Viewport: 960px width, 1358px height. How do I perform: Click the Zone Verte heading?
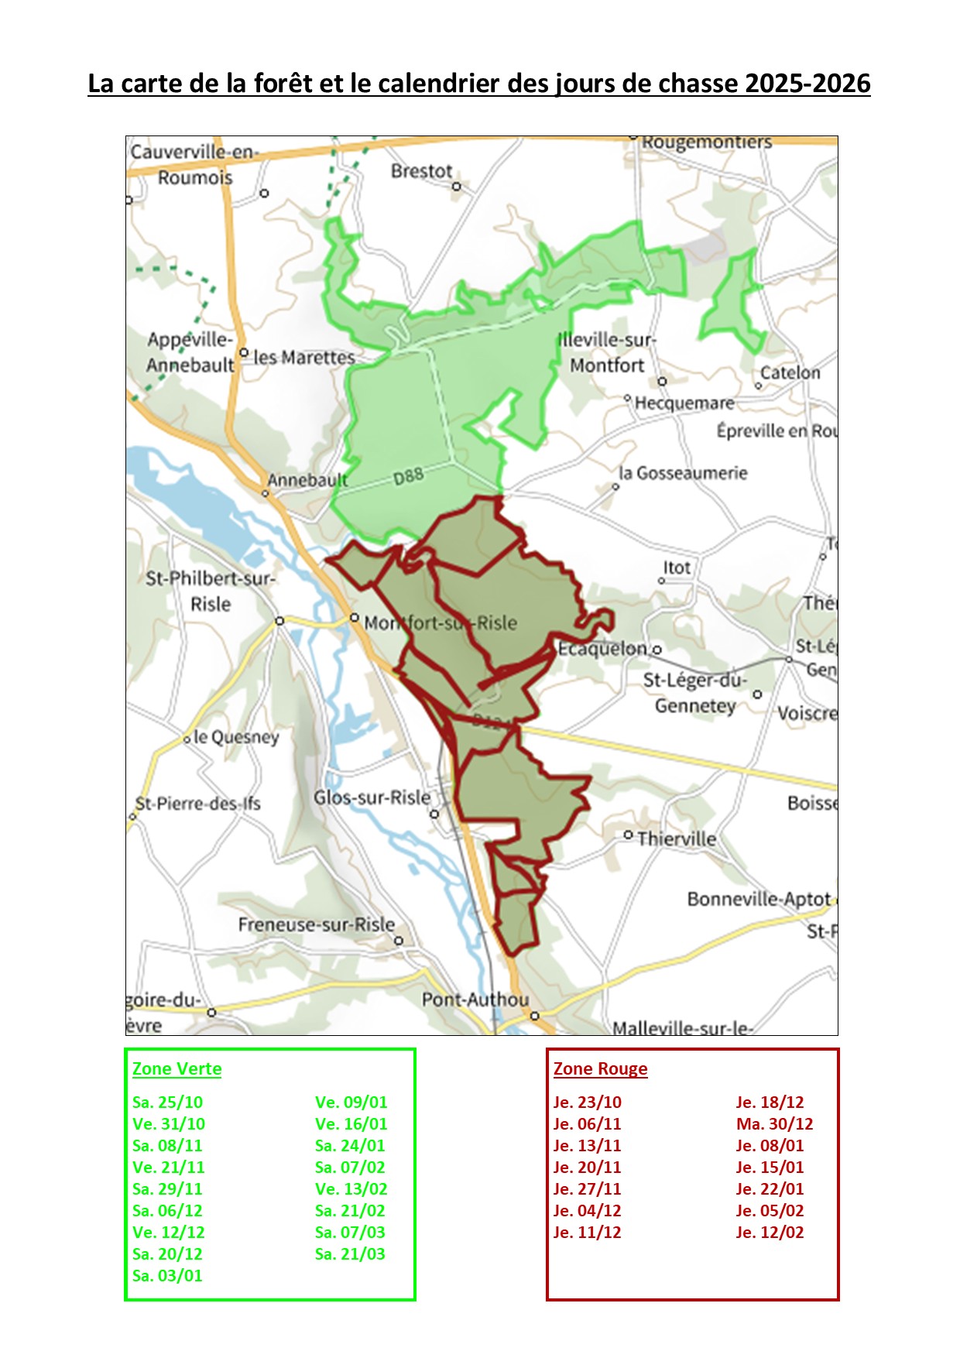click(x=177, y=1069)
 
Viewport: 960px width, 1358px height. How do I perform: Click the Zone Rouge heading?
click(x=600, y=1069)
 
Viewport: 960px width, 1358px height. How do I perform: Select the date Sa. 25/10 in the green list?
click(x=167, y=1103)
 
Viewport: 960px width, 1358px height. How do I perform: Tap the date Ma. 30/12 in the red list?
click(x=774, y=1124)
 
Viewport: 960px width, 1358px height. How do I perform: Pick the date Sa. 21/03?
click(x=350, y=1254)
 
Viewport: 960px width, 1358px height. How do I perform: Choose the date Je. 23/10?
click(x=587, y=1103)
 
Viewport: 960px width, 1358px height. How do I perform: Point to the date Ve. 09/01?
click(x=351, y=1103)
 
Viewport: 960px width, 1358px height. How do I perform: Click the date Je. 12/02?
click(x=770, y=1233)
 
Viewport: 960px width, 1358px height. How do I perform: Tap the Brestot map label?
click(x=421, y=171)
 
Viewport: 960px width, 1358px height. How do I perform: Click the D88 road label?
click(x=408, y=476)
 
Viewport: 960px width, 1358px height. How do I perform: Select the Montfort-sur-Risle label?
click(x=440, y=623)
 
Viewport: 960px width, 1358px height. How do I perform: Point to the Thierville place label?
click(x=677, y=839)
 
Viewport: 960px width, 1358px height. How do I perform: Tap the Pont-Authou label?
click(x=475, y=1000)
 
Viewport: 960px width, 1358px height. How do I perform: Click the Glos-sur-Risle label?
click(x=372, y=797)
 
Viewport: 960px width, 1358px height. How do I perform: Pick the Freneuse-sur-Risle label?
click(x=316, y=924)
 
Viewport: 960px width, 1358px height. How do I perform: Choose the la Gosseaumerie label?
click(x=683, y=473)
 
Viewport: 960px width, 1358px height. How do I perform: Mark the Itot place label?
click(x=676, y=568)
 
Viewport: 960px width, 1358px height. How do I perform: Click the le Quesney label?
click(x=235, y=737)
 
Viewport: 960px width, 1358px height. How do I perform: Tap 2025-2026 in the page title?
click(x=807, y=84)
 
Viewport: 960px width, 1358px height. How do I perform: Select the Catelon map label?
click(x=790, y=372)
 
